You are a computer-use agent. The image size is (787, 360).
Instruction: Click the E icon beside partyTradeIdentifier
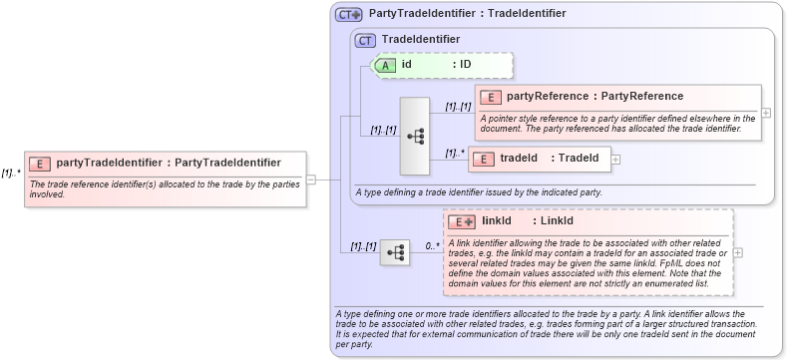[x=40, y=163]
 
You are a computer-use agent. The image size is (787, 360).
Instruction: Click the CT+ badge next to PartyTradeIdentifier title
[x=348, y=14]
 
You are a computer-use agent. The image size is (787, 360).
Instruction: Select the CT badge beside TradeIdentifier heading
[x=365, y=40]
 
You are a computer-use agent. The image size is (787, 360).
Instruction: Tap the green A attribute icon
[x=385, y=65]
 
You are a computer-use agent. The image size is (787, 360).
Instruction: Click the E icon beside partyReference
[x=491, y=97]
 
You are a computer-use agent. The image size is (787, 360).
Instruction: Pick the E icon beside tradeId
[x=483, y=159]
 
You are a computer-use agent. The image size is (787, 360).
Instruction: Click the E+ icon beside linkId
[x=461, y=221]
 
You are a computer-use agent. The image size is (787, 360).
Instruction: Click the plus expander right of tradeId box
[x=615, y=159]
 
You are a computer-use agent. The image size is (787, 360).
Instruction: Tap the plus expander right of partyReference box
[x=766, y=113]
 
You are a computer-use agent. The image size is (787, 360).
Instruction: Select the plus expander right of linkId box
[x=738, y=251]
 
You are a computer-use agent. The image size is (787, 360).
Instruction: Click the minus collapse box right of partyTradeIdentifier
[x=310, y=180]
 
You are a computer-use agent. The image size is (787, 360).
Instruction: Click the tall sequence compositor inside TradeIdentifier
[x=414, y=136]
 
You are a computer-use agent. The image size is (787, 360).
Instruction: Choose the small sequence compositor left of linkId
[x=395, y=252]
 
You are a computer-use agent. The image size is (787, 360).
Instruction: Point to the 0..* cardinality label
[x=432, y=244]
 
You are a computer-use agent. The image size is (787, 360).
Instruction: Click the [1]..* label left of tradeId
[x=455, y=152]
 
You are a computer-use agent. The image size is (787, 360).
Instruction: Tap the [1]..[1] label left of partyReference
[x=458, y=106]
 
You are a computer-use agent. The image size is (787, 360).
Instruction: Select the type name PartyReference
[x=641, y=97]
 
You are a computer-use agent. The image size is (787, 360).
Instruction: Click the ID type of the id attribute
[x=465, y=65]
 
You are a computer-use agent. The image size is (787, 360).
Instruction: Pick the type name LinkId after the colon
[x=557, y=221]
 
